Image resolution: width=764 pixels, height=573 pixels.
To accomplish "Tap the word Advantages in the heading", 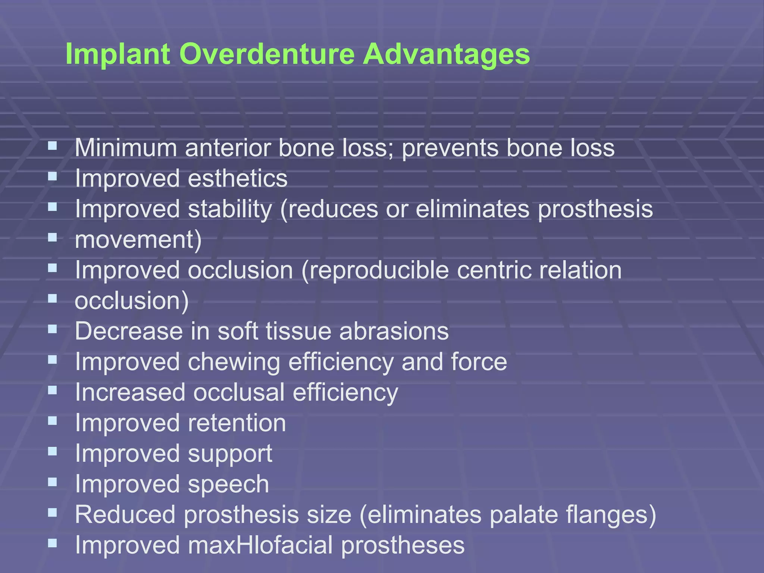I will coord(446,54).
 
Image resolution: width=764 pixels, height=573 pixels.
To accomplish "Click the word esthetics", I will coord(238,178).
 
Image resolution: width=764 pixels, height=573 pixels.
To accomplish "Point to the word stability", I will coord(230,209).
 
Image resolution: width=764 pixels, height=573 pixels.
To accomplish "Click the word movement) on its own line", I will coord(138,239).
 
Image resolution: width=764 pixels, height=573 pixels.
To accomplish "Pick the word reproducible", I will coord(379,270).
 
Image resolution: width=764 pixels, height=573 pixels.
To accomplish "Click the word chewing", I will coord(234,362).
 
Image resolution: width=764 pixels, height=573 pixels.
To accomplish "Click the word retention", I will coord(237,423).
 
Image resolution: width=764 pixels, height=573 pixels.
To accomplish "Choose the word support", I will coord(230,454).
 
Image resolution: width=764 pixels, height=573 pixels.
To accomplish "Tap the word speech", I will coord(228,484).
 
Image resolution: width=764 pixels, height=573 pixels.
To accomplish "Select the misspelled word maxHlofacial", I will coord(260,545).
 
